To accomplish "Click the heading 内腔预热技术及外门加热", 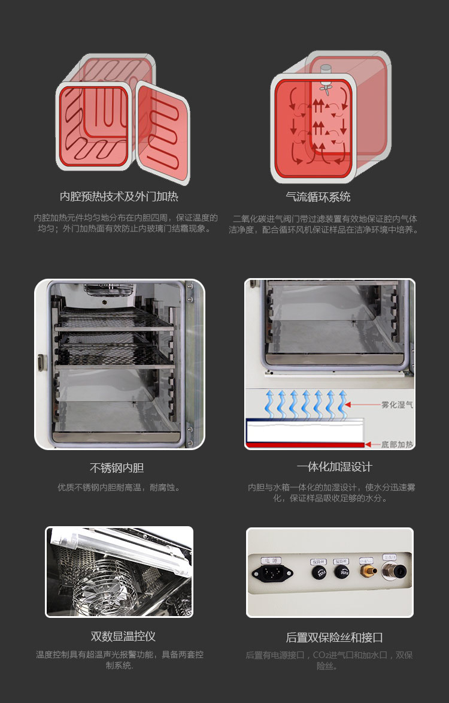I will [x=119, y=197].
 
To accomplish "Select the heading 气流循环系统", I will [x=318, y=197].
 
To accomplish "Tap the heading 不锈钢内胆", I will [x=117, y=468].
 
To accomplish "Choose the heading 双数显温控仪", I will [x=123, y=636].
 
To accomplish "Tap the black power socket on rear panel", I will [x=272, y=573].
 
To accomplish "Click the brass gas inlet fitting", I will [x=365, y=572].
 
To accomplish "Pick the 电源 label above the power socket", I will [x=272, y=560].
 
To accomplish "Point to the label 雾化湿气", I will [x=397, y=405].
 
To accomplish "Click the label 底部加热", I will [x=397, y=444].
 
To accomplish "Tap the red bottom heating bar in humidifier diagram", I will [x=305, y=445].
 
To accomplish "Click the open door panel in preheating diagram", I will [x=162, y=131].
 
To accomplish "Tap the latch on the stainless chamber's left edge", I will [x=41, y=363].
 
